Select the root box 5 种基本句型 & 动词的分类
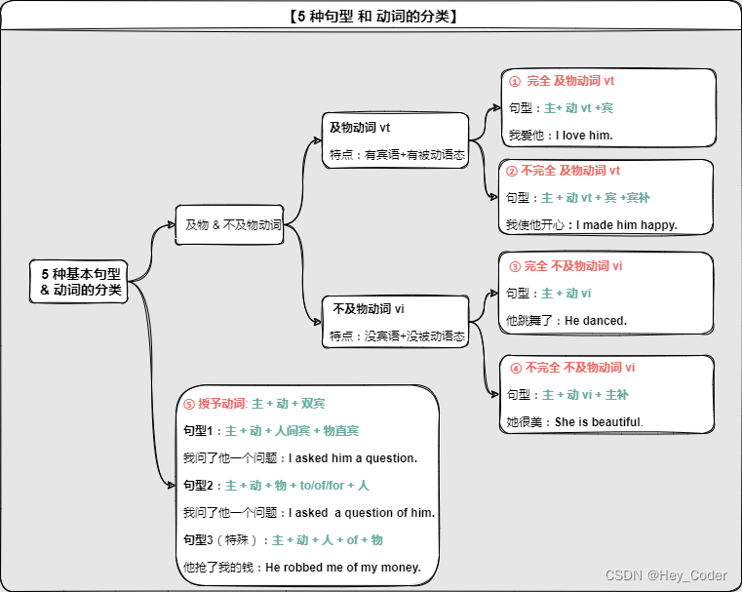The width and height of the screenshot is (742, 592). tap(81, 281)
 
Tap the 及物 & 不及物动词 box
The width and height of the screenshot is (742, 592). tap(233, 224)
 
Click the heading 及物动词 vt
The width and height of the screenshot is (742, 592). tap(360, 127)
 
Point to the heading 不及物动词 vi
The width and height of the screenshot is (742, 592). tap(369, 308)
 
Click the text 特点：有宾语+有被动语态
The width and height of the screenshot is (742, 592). tap(395, 154)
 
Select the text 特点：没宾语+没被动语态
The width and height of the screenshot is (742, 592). tap(395, 336)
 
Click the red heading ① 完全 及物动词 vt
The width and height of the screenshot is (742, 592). tap(563, 81)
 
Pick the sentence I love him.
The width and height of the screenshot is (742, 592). tap(584, 136)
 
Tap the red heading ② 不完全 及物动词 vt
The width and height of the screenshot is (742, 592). tap(563, 171)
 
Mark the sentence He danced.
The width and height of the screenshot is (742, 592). tap(596, 321)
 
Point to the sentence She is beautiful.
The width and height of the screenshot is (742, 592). tap(599, 422)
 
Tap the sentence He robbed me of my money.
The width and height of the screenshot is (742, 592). tap(343, 567)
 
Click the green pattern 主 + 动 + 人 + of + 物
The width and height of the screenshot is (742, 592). tap(328, 539)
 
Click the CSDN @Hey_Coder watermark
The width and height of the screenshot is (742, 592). tap(666, 575)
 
